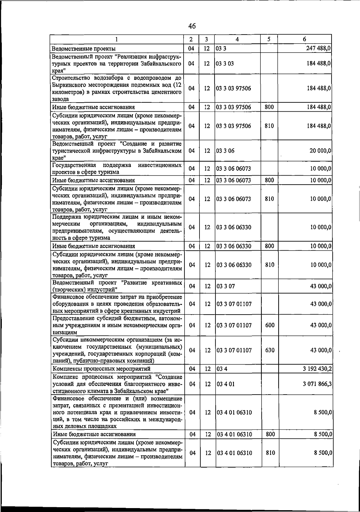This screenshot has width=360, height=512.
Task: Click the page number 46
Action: click(192, 26)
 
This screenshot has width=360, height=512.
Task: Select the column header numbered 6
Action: click(304, 39)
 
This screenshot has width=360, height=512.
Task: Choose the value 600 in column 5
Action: click(270, 325)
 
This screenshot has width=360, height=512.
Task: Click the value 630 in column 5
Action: click(270, 350)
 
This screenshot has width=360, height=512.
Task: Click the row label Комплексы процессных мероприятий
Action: click(101, 369)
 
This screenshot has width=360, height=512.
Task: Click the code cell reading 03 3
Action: click(221, 49)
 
